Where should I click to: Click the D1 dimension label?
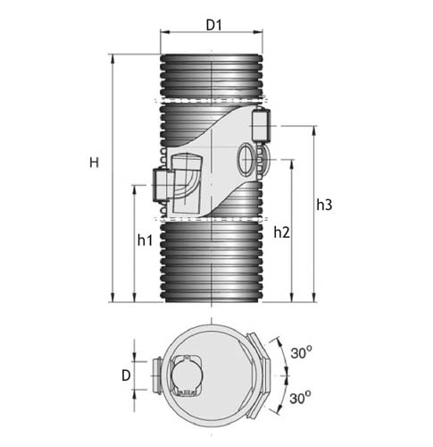(214, 26)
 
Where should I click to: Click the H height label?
(94, 163)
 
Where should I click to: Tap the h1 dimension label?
(145, 240)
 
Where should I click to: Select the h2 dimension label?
(281, 232)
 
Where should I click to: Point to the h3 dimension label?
(324, 205)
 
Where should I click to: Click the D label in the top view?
(126, 375)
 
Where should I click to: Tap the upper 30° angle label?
(301, 353)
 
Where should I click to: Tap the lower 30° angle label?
(301, 398)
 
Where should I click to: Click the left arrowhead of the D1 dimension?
(164, 32)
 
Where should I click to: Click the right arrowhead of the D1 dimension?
(258, 32)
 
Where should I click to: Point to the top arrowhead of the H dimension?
(112, 59)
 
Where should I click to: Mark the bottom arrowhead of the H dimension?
(112, 298)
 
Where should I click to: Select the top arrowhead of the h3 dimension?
(313, 131)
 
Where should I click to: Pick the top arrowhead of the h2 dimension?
(292, 164)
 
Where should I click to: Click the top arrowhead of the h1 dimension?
(135, 190)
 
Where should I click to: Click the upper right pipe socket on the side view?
(261, 125)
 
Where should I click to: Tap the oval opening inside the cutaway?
(246, 158)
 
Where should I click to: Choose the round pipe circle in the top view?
(187, 375)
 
